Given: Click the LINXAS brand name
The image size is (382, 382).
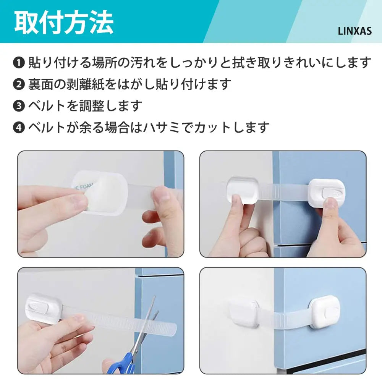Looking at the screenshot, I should click(354, 31).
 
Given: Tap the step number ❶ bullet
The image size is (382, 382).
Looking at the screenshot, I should click(19, 62).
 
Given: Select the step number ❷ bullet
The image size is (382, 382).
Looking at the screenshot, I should click(19, 84).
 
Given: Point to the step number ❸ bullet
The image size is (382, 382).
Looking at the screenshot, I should click(19, 106).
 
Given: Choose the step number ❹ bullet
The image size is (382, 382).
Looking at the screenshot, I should click(19, 127).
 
